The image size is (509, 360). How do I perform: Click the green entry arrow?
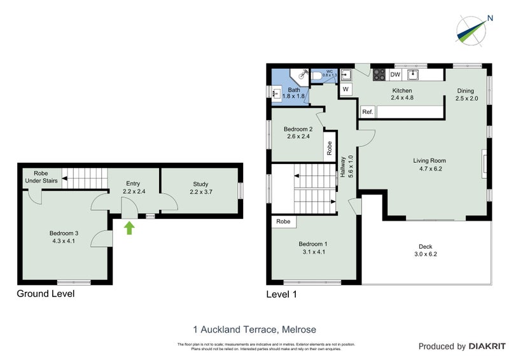130,228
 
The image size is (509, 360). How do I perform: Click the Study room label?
200,188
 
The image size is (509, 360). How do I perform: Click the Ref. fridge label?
367,112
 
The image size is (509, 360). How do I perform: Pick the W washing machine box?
345,89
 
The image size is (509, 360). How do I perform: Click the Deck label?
426,250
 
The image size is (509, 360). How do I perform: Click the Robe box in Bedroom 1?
284,222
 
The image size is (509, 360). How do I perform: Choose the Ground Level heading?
45,294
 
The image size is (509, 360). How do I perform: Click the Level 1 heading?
281,294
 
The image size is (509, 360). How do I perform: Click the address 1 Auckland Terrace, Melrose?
254,329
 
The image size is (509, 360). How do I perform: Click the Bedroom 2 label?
299,132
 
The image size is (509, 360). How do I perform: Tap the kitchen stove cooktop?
378,75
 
